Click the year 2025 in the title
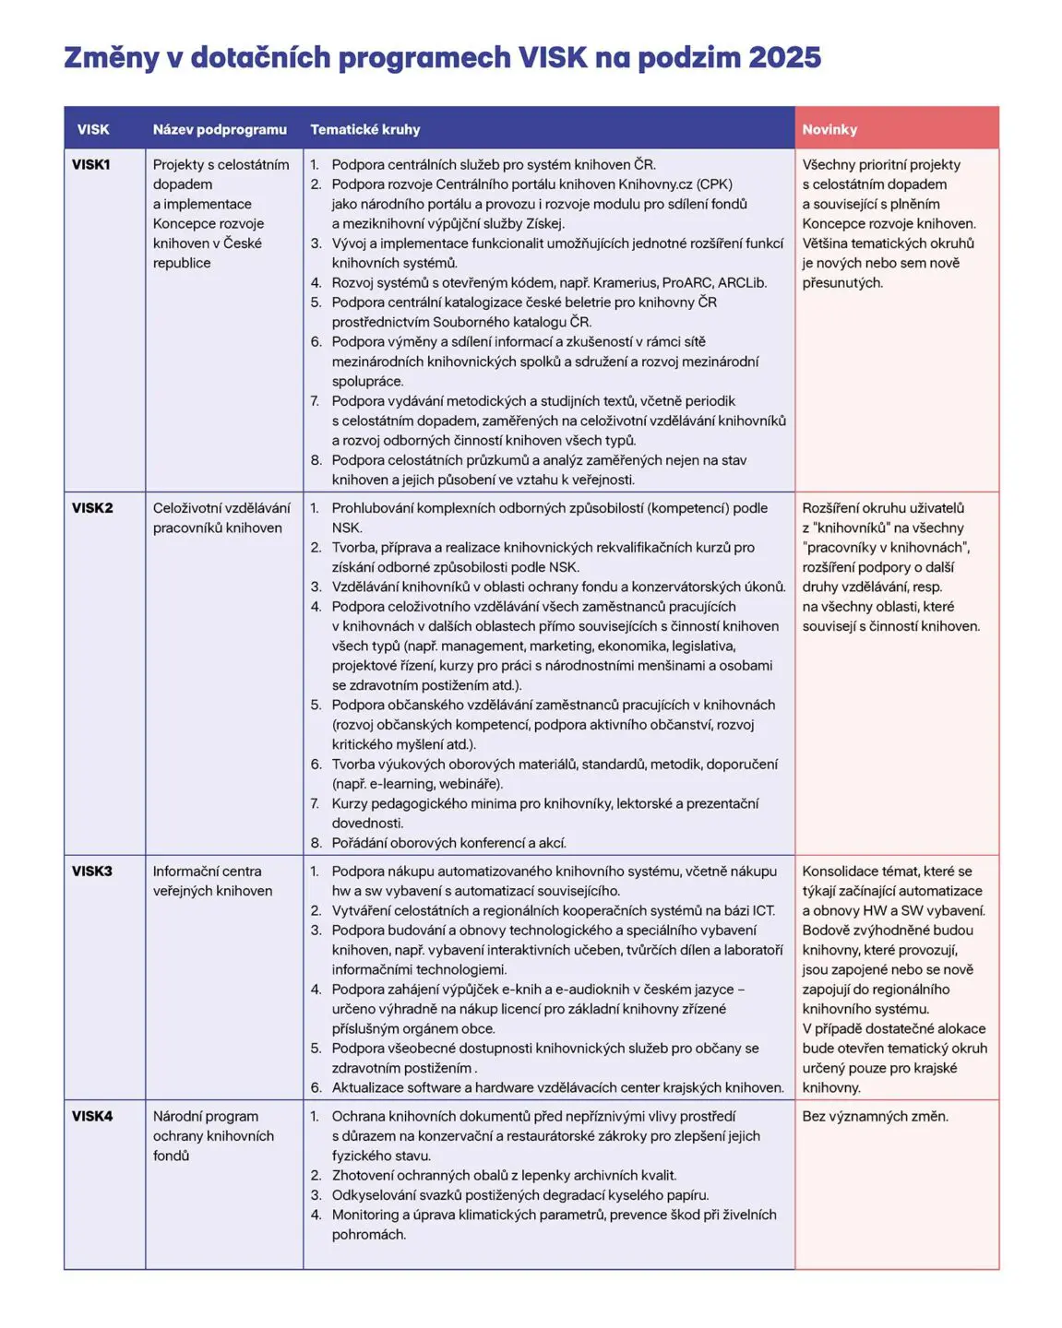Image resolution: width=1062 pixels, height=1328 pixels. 784,58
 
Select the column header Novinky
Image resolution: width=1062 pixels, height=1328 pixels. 829,129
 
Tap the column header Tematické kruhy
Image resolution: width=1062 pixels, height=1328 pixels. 364,129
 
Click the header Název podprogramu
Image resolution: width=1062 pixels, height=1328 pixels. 220,129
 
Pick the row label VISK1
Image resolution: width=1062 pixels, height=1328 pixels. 91,165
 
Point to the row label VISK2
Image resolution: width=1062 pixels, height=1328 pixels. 92,508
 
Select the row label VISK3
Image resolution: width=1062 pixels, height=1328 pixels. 92,871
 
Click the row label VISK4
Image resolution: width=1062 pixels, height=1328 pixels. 92,1117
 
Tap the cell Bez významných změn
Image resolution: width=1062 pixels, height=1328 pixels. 875,1117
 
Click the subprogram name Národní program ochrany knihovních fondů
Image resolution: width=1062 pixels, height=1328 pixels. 213,1136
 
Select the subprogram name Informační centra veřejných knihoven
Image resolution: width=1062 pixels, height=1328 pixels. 212,881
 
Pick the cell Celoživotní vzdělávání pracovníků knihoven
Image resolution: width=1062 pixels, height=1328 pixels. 221,518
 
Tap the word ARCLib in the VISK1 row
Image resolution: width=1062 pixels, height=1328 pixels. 742,283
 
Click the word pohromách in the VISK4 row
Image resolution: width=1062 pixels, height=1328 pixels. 369,1235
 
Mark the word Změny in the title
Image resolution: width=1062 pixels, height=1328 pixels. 112,58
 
